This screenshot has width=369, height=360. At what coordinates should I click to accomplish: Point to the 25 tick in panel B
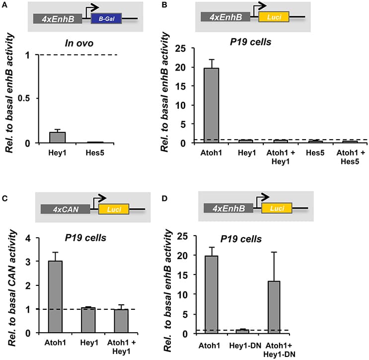point(187,48)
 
